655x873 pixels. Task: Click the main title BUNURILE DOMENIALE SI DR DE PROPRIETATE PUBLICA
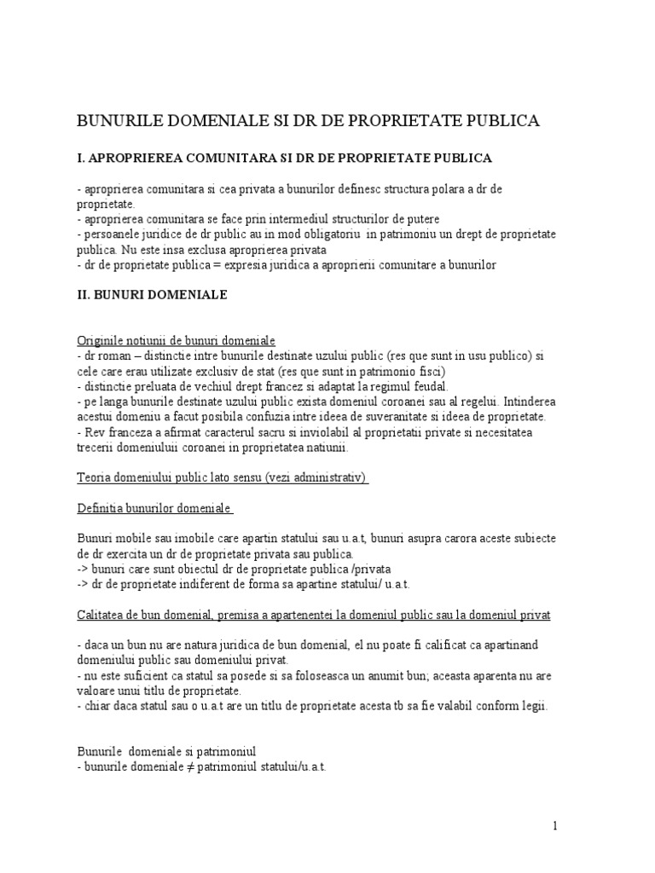pyautogui.click(x=308, y=121)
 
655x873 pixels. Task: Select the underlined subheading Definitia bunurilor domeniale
pyautogui.click(x=154, y=508)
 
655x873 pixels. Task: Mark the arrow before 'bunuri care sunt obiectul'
pyautogui.click(x=84, y=568)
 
